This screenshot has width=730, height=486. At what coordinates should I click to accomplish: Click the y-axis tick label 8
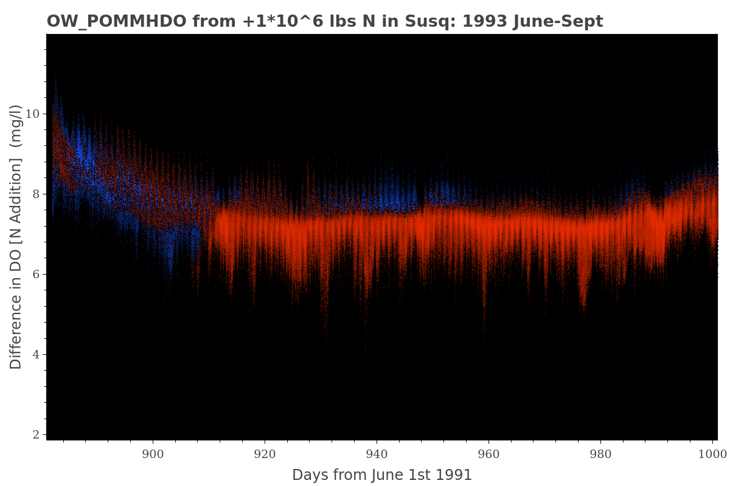(x=36, y=194)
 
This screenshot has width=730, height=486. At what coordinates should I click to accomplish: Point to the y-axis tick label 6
(x=36, y=274)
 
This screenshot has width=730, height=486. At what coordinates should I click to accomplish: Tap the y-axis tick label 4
(x=36, y=354)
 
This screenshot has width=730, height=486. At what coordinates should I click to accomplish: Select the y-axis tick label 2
(x=36, y=434)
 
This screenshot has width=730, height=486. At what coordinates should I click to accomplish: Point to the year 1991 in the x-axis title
(x=453, y=475)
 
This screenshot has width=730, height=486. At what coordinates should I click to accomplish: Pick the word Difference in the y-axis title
(x=16, y=332)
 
